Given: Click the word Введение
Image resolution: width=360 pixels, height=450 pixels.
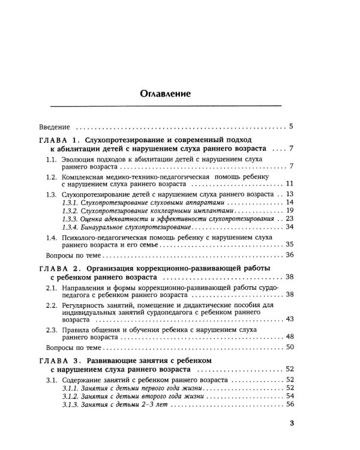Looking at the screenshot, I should click(x=53, y=128).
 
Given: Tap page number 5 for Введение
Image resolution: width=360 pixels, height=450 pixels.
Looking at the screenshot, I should click(x=290, y=127).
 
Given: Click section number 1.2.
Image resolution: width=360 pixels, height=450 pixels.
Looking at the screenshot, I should click(x=52, y=179).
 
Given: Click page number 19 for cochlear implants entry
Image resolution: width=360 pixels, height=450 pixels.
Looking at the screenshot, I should click(x=289, y=211).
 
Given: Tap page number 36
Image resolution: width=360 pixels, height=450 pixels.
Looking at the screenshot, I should click(x=289, y=256).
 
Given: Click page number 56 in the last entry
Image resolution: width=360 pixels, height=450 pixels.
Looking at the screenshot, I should click(x=289, y=405).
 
